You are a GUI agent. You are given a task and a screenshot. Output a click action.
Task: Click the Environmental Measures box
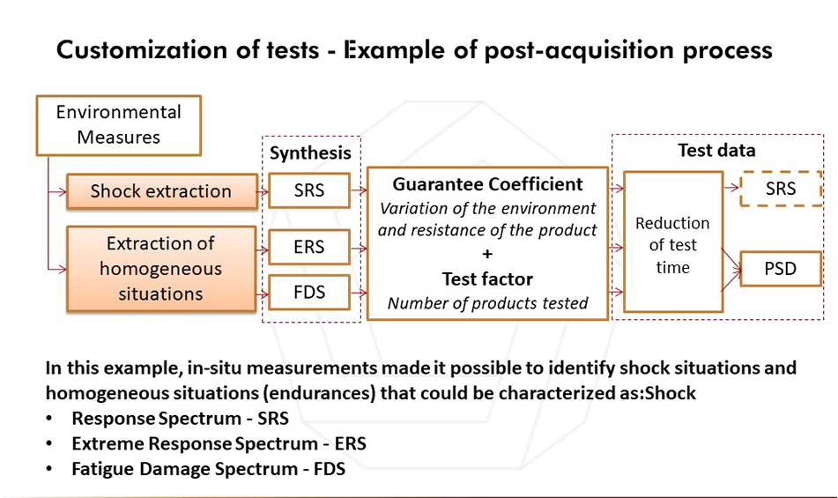pyautogui.click(x=119, y=125)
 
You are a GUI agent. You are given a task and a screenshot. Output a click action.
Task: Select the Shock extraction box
pyautogui.click(x=161, y=190)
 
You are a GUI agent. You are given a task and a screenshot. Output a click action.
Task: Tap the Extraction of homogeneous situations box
pyautogui.click(x=161, y=268)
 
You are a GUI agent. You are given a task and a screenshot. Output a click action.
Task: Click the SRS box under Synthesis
pyautogui.click(x=309, y=190)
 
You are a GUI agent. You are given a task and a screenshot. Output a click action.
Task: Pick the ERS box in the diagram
pyautogui.click(x=309, y=247)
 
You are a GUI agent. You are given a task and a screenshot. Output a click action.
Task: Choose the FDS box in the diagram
pyautogui.click(x=309, y=293)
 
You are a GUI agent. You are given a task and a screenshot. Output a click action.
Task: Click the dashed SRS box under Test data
pyautogui.click(x=781, y=189)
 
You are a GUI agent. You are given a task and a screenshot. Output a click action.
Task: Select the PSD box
pyautogui.click(x=781, y=268)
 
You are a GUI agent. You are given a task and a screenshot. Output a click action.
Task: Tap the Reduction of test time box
pyautogui.click(x=673, y=242)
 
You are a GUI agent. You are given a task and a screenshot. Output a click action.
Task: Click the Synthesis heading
pyautogui.click(x=310, y=153)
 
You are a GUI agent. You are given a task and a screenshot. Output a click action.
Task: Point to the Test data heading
pyautogui.click(x=716, y=150)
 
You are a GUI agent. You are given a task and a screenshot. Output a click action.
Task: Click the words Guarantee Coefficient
pyautogui.click(x=487, y=184)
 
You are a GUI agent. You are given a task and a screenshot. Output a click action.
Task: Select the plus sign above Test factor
pyautogui.click(x=487, y=255)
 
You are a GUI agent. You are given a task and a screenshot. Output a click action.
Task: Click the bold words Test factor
pyautogui.click(x=487, y=279)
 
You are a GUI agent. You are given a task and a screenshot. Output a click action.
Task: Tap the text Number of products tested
pyautogui.click(x=487, y=303)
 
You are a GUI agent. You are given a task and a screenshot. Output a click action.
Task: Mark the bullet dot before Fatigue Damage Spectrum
pyautogui.click(x=49, y=469)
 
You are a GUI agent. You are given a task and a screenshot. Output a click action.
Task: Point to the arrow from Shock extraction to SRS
pyautogui.click(x=263, y=191)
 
